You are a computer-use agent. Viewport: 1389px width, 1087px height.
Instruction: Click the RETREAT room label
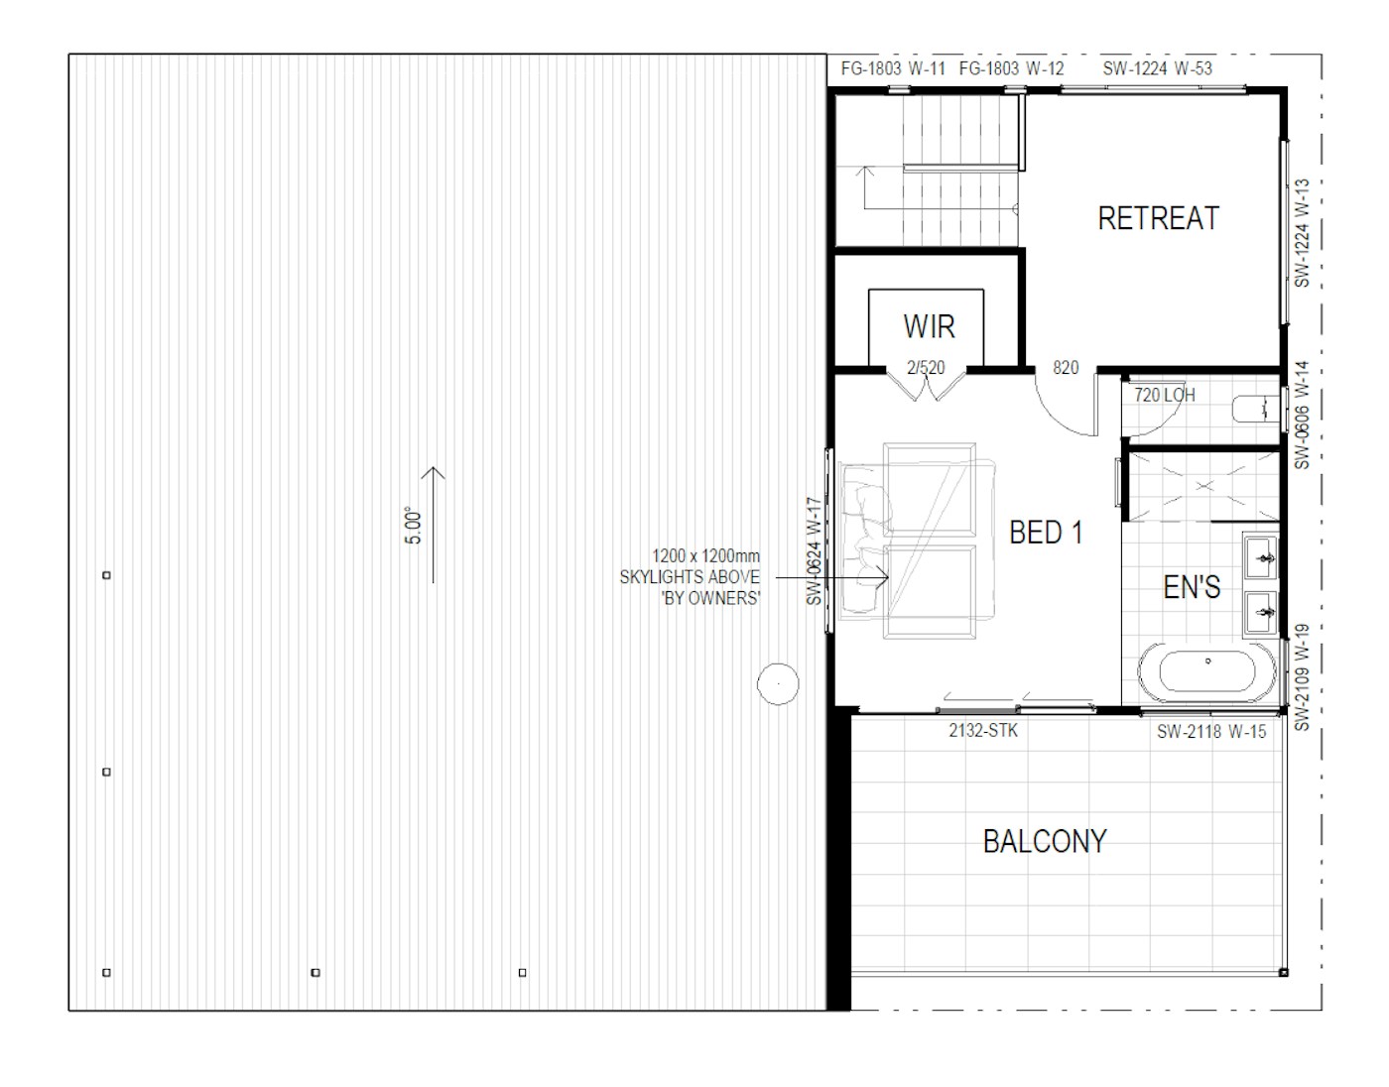[x=1158, y=218]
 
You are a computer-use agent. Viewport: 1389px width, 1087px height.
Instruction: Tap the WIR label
[x=929, y=326]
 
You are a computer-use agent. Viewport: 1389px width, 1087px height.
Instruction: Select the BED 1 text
[x=1046, y=532]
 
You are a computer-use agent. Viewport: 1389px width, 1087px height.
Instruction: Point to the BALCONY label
[x=1045, y=841]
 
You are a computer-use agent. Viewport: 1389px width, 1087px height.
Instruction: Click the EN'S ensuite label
[x=1192, y=587]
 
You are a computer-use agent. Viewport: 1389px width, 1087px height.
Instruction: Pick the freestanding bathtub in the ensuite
[x=1207, y=671]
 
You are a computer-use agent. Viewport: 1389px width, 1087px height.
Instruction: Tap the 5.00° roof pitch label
[x=414, y=526]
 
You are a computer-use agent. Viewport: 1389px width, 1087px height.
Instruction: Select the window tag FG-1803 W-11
[x=893, y=68]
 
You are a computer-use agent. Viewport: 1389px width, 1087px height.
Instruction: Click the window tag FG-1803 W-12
[x=1012, y=68]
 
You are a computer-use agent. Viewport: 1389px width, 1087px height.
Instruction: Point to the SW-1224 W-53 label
[x=1157, y=68]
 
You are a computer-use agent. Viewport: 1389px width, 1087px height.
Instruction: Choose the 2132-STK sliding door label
[x=983, y=730]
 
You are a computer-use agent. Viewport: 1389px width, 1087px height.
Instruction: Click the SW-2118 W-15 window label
[x=1211, y=731]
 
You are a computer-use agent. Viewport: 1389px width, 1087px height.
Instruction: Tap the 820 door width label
[x=1066, y=367]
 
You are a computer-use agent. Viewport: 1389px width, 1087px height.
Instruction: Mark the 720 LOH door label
[x=1165, y=395]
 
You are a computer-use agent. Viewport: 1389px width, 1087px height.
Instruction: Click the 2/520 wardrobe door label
[x=926, y=367]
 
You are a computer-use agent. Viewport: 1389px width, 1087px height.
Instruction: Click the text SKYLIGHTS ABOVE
[x=690, y=576]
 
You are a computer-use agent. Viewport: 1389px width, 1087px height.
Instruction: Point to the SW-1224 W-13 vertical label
[x=1302, y=233]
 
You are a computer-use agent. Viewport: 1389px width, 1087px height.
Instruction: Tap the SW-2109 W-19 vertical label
[x=1302, y=677]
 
